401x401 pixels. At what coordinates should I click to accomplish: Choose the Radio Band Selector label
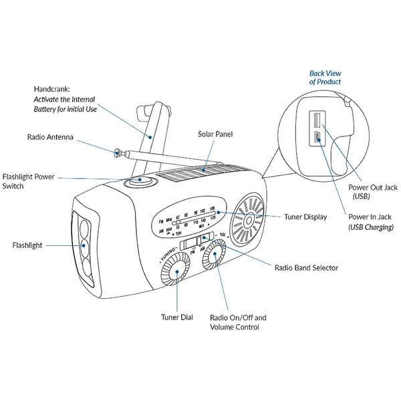(x=307, y=267)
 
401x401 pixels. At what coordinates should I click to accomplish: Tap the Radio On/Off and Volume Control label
(x=238, y=322)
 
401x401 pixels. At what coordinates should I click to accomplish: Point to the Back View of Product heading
(x=325, y=77)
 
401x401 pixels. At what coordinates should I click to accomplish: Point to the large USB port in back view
(x=315, y=124)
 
